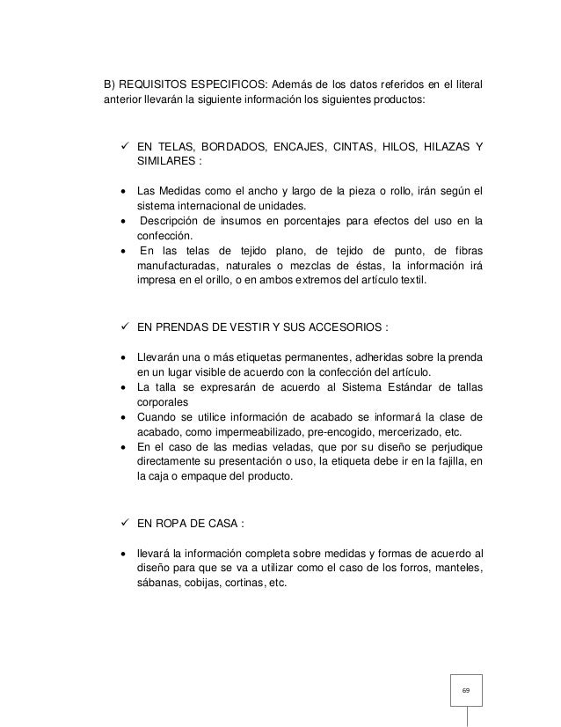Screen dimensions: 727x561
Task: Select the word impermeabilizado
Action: coord(237,432)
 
